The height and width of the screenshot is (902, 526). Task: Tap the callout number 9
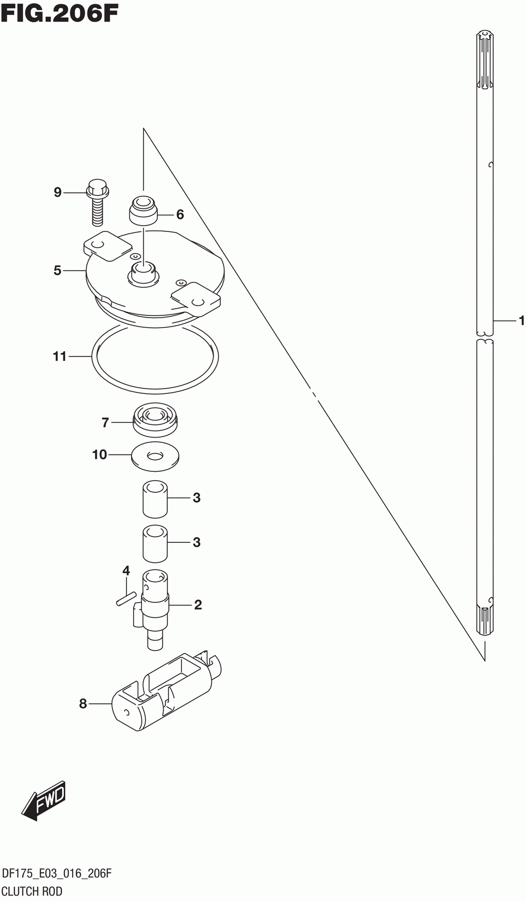[x=58, y=192]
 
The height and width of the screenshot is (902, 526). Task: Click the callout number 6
[x=180, y=215]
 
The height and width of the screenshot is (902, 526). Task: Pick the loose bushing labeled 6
[x=144, y=209]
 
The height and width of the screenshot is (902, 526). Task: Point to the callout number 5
[x=57, y=270]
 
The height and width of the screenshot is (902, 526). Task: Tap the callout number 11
[x=59, y=357]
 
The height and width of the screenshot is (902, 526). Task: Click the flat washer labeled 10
[x=155, y=455]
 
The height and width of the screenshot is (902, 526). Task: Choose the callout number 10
[x=99, y=454]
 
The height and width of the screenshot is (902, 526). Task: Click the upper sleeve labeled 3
[x=155, y=498]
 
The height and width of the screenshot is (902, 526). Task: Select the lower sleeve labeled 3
[x=155, y=543]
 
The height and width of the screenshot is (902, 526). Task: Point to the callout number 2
[x=198, y=605]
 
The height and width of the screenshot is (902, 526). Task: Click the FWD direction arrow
[x=44, y=800]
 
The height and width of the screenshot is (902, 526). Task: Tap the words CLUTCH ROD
[x=32, y=891]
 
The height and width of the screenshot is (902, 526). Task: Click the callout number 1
[x=521, y=320]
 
